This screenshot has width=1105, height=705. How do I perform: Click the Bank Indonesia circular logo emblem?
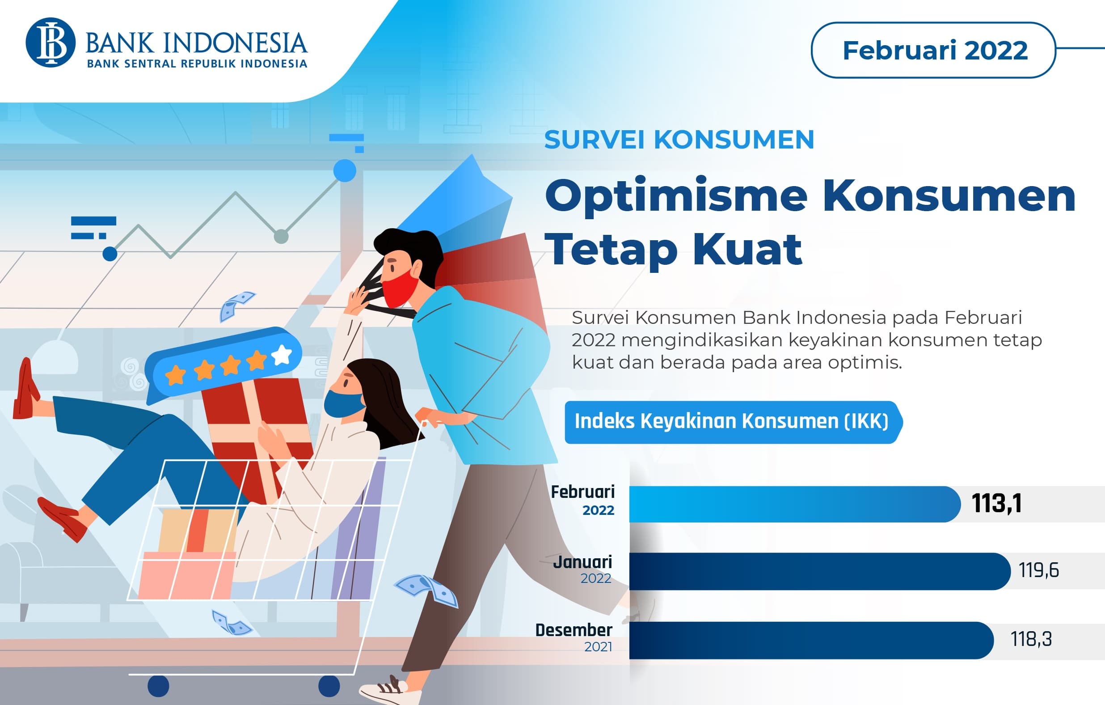(x=51, y=42)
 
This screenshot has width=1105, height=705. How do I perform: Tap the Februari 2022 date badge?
(x=934, y=50)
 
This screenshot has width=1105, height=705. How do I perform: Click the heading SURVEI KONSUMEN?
(x=679, y=140)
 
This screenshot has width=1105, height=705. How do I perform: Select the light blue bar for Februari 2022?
(x=794, y=504)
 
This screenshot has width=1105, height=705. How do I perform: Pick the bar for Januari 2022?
(x=819, y=571)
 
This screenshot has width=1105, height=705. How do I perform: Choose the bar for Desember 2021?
(x=810, y=640)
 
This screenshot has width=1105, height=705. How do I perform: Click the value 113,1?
(x=997, y=503)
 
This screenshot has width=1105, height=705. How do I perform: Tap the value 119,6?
(x=1038, y=570)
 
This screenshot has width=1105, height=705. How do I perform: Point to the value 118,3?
(x=1031, y=639)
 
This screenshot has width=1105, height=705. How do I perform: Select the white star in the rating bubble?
(x=282, y=355)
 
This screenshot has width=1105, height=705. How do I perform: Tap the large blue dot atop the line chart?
(x=345, y=171)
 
